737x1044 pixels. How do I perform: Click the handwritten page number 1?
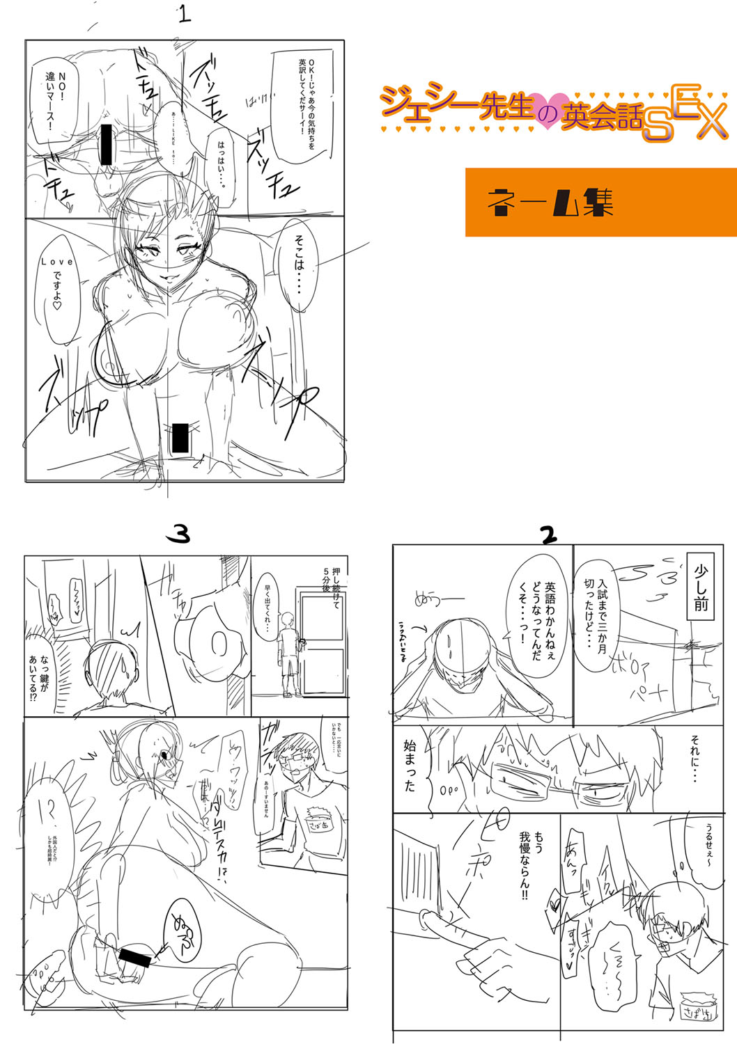pyautogui.click(x=184, y=14)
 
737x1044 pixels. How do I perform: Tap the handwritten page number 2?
pyautogui.click(x=549, y=535)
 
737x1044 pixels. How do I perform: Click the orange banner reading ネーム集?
pyautogui.click(x=600, y=202)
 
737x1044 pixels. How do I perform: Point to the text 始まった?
pyautogui.click(x=410, y=765)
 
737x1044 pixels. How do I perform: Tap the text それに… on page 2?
pyautogui.click(x=694, y=758)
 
